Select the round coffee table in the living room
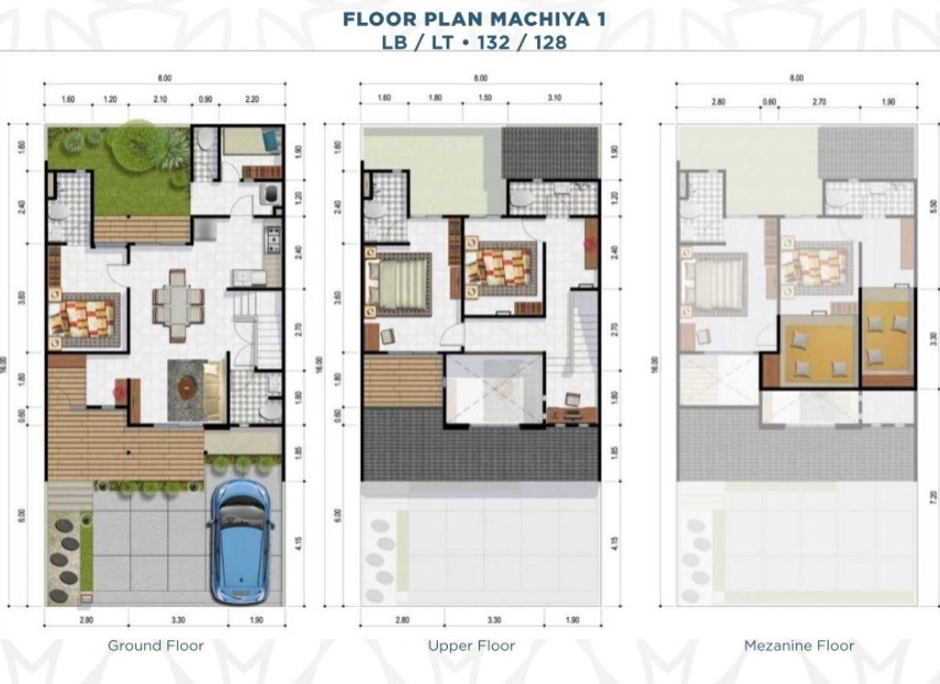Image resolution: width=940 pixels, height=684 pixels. [187, 387]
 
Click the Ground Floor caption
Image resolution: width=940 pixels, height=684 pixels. [156, 645]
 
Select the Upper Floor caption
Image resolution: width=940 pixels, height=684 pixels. [471, 645]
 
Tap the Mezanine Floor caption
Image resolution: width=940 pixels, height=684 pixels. [799, 645]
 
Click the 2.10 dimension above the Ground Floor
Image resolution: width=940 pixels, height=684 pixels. [160, 100]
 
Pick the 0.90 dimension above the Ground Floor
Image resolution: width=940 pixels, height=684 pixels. [206, 100]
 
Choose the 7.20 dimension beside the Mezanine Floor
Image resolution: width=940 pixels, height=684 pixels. [934, 507]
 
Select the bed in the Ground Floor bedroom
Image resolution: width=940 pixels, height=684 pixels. [84, 320]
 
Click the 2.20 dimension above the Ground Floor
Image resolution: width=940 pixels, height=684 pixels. [252, 100]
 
